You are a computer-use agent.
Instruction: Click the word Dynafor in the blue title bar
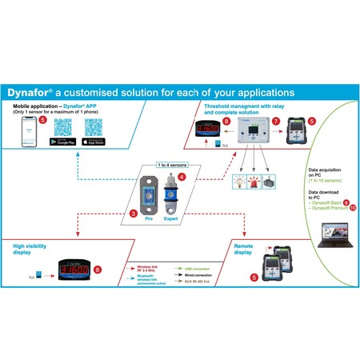tap(29, 92)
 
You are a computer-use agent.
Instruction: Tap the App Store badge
tap(95, 142)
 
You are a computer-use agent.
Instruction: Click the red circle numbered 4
tap(182, 176)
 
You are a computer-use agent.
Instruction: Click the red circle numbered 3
tap(134, 214)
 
